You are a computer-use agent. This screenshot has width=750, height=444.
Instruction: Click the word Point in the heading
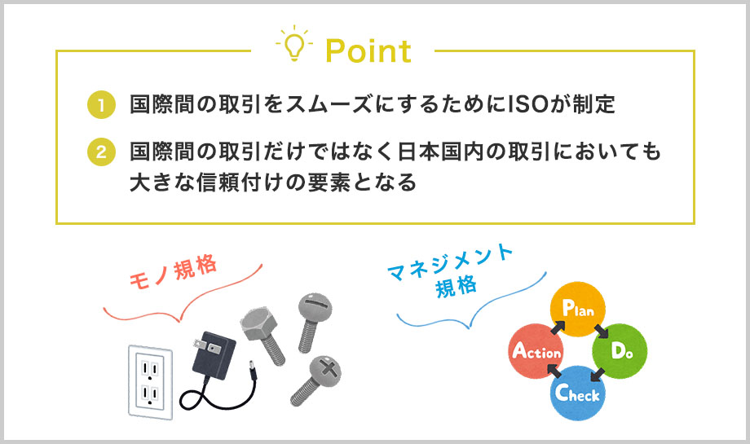coord(368,51)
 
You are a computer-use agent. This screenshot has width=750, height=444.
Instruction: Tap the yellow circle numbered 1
coord(101,104)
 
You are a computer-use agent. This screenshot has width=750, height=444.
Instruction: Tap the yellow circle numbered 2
coord(101,152)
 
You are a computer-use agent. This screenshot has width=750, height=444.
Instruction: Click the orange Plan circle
coord(578,309)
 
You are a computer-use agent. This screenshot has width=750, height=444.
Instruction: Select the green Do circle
coord(620,351)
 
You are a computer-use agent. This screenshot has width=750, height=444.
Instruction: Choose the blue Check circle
coord(578,393)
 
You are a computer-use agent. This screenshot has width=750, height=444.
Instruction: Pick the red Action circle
coord(536,351)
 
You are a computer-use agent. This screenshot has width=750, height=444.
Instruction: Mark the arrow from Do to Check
coord(598,374)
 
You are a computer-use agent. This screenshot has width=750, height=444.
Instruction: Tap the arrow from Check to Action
coord(554,371)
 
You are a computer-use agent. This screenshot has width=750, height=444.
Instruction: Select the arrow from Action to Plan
coord(558,328)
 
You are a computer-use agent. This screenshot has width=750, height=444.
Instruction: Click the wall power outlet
coord(150,382)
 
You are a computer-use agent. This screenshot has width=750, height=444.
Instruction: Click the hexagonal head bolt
coord(262,336)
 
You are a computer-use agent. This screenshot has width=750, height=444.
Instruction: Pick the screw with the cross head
coord(315,380)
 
